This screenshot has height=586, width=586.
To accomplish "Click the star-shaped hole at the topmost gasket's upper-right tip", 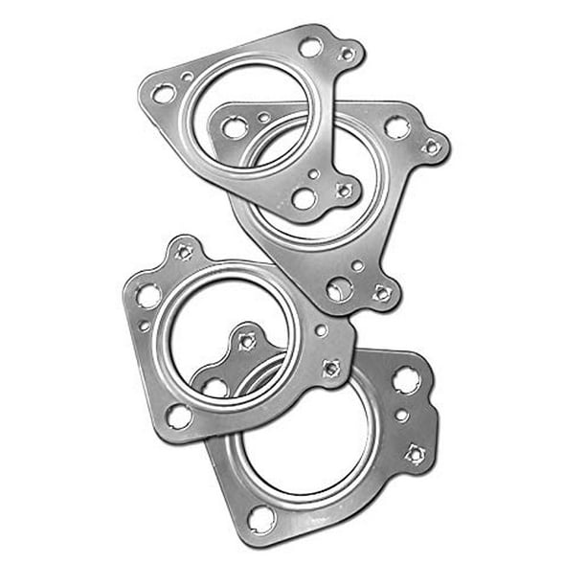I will [x=347, y=55].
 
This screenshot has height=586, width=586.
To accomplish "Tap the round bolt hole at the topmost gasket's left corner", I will [x=164, y=94].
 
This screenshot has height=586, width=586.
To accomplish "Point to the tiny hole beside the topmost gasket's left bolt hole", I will [x=187, y=77].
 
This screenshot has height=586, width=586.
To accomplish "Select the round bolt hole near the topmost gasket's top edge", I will [x=310, y=46].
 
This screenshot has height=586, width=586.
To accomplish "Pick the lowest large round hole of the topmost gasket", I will [x=304, y=198].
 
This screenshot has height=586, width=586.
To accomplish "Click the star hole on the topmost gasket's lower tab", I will [x=343, y=190].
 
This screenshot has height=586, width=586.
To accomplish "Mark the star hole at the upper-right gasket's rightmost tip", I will [x=432, y=146].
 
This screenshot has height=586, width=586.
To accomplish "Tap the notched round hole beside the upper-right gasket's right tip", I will [x=396, y=126].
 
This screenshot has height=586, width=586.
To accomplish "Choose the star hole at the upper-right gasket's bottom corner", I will [x=382, y=293].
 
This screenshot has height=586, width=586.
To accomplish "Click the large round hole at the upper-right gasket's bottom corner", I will [x=339, y=289].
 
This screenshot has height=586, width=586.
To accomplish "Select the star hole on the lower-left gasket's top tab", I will [x=185, y=252].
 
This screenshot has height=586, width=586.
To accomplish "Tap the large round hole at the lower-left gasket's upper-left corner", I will [x=148, y=296].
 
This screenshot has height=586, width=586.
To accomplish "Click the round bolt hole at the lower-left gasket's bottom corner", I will [x=179, y=416].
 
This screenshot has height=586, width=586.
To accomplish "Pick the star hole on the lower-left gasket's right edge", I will [x=330, y=368].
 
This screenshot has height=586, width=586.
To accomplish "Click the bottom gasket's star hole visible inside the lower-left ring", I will [x=247, y=340].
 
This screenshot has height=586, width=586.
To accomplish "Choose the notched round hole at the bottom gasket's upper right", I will [x=405, y=380].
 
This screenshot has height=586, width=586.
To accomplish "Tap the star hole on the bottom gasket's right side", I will [x=415, y=453].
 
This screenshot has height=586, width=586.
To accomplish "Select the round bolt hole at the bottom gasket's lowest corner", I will [x=261, y=518].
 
